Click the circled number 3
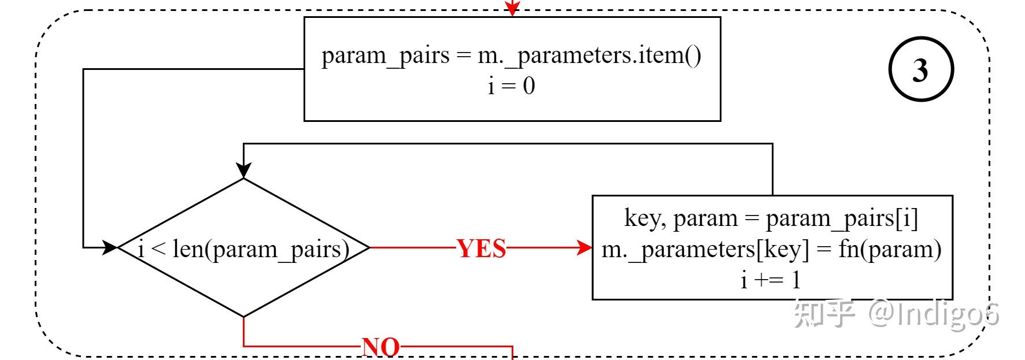tap(920, 69)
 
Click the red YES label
tap(482, 248)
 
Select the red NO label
tap(380, 347)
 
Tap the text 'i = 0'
tap(512, 86)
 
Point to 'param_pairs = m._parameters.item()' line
tap(512, 55)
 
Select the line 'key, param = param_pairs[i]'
tap(771, 218)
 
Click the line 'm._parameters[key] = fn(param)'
tap(771, 249)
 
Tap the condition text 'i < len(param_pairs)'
tap(243, 249)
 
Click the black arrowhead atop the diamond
tap(244, 170)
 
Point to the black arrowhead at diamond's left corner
tap(110, 248)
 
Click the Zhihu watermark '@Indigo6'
tap(934, 314)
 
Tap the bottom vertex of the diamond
tap(244, 317)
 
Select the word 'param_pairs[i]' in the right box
tap(842, 218)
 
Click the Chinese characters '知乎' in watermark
tap(824, 314)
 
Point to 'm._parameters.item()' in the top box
tap(590, 55)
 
